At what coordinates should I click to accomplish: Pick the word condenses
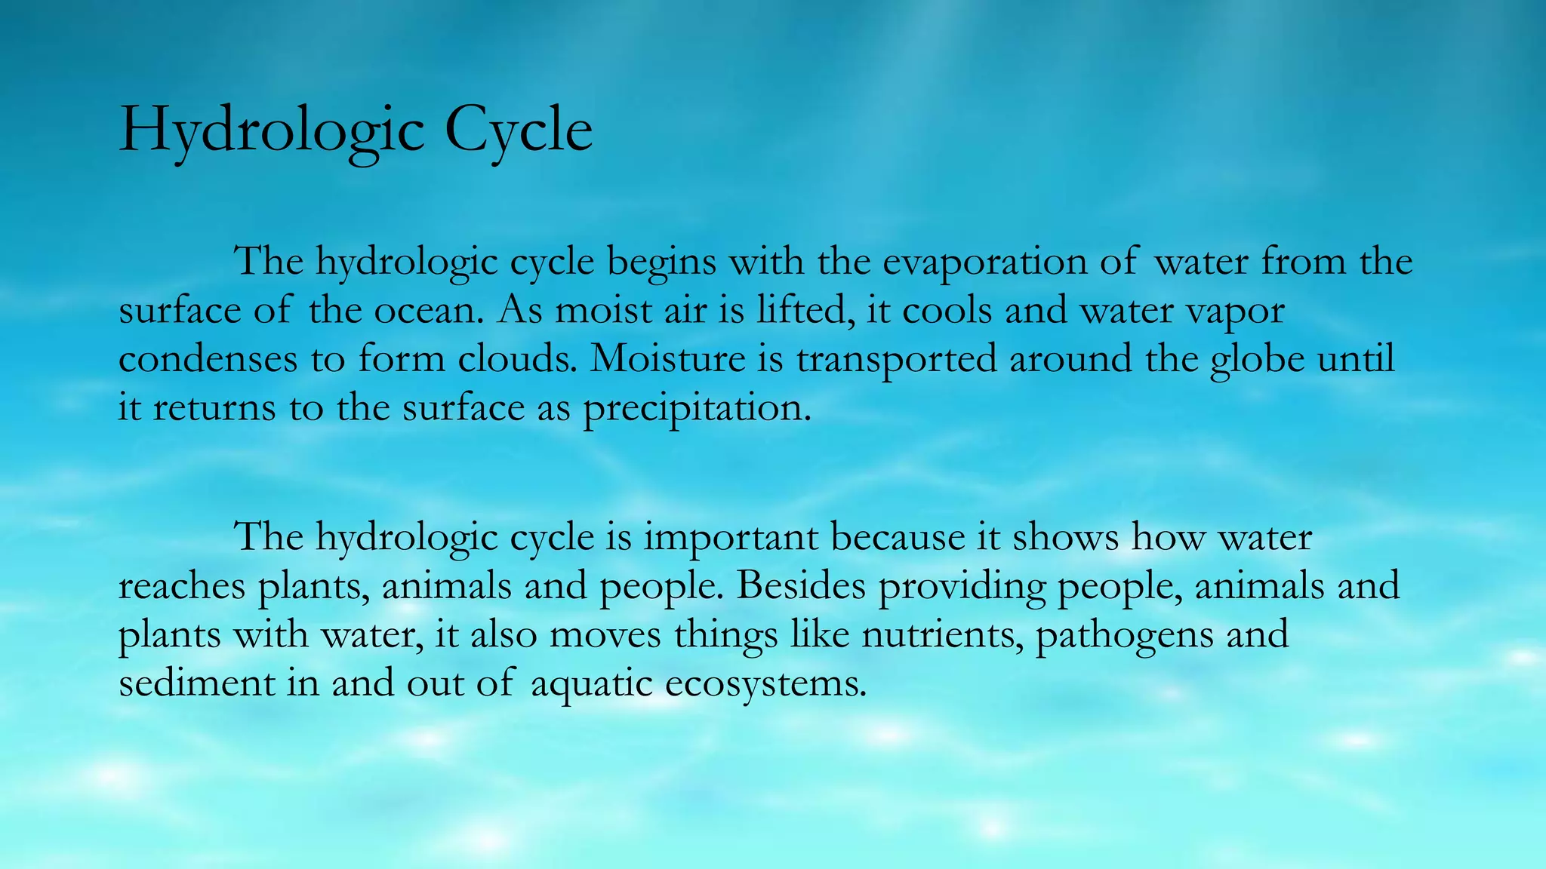[x=208, y=359]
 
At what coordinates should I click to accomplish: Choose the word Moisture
[x=668, y=359]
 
